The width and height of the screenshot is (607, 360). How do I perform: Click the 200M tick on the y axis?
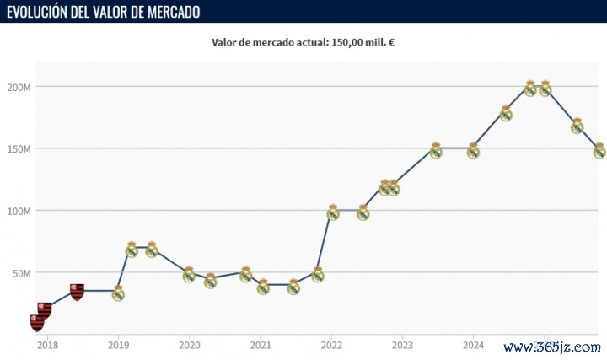[x=19, y=87]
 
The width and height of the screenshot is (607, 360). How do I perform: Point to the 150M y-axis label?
[x=19, y=148]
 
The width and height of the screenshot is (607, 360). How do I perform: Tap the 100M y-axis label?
[x=19, y=211]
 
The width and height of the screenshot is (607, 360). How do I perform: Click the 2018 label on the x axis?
[x=47, y=344]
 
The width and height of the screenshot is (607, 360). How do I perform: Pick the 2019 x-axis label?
[x=118, y=344]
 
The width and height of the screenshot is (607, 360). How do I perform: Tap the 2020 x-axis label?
[x=190, y=344]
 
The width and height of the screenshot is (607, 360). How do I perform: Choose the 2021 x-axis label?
[x=261, y=344]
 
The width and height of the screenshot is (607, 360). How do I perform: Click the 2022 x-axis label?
[x=331, y=344]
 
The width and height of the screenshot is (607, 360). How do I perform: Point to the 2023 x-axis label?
[x=402, y=344]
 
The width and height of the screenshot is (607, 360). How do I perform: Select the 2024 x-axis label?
[x=473, y=344]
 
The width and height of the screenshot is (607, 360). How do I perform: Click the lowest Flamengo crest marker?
[x=37, y=322]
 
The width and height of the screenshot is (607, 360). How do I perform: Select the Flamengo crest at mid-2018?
[x=77, y=292]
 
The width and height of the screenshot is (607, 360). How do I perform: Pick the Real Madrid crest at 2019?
[x=118, y=293]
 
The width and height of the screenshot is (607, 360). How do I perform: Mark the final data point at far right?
[x=599, y=151]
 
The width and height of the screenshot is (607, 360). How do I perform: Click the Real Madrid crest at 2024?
[x=473, y=151]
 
